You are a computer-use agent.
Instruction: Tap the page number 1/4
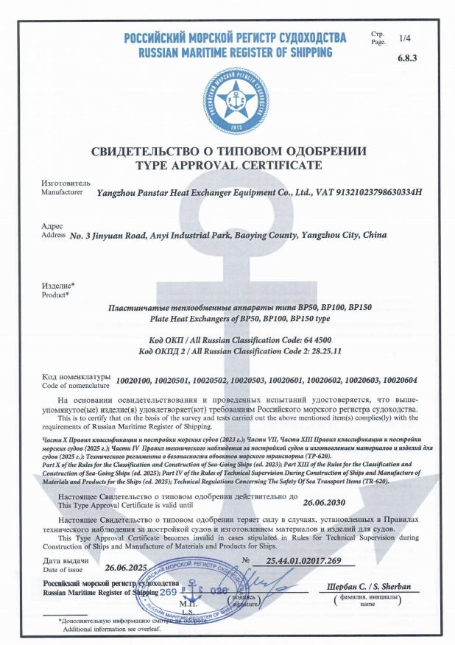point(406,38)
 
